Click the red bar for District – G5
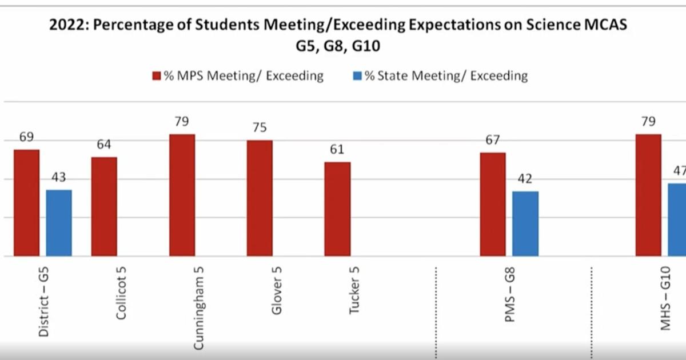(x=27, y=203)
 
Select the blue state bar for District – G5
(x=59, y=223)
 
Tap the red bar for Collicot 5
(x=104, y=206)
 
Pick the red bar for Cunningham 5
(x=182, y=195)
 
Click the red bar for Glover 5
(x=260, y=198)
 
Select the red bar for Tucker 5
(x=337, y=209)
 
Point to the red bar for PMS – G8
(x=493, y=205)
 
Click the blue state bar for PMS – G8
(x=525, y=223)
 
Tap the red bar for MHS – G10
(x=648, y=195)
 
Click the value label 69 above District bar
(x=27, y=137)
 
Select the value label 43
(x=59, y=178)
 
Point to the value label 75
(x=260, y=127)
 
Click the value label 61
(x=337, y=150)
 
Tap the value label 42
(x=525, y=179)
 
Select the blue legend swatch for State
(x=357, y=76)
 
